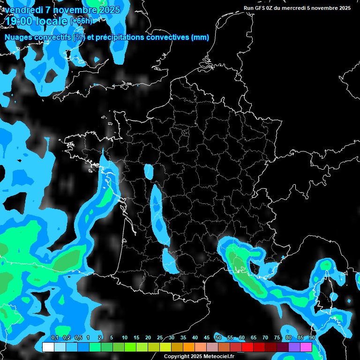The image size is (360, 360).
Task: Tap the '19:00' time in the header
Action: point(18,21)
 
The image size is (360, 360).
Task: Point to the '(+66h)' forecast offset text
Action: point(81,21)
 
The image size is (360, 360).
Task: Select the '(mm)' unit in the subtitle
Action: point(200,37)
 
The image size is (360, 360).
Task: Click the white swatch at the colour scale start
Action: point(48,347)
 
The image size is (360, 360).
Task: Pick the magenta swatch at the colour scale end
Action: point(306,347)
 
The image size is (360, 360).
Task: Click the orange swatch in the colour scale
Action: point(188,347)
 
